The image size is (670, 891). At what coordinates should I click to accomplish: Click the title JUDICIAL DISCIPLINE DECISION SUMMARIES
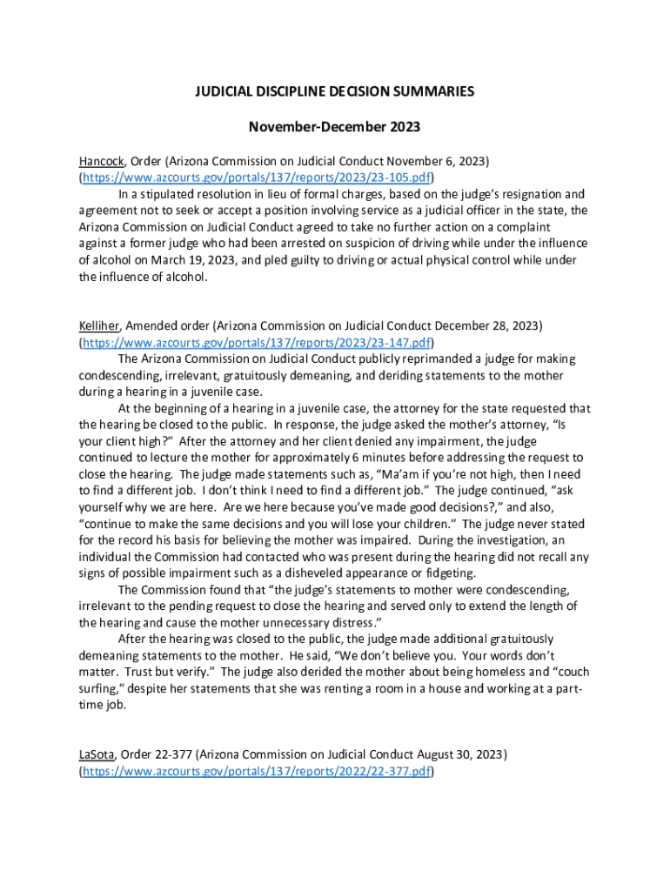click(334, 92)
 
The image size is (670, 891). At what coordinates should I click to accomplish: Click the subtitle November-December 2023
click(334, 127)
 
